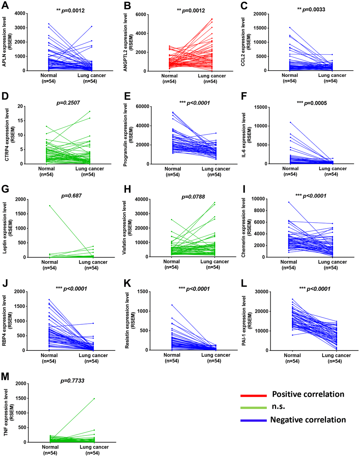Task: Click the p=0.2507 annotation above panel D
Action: click(68, 103)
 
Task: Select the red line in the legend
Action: click(253, 396)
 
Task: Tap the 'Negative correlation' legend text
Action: click(308, 420)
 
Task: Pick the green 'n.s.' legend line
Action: click(253, 408)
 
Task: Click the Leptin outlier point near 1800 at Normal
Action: click(50, 205)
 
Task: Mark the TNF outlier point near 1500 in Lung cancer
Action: click(94, 398)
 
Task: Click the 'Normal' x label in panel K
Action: click(172, 355)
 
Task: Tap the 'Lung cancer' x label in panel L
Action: click(336, 355)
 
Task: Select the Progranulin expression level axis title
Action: click(125, 134)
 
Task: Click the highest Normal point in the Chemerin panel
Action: click(289, 202)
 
